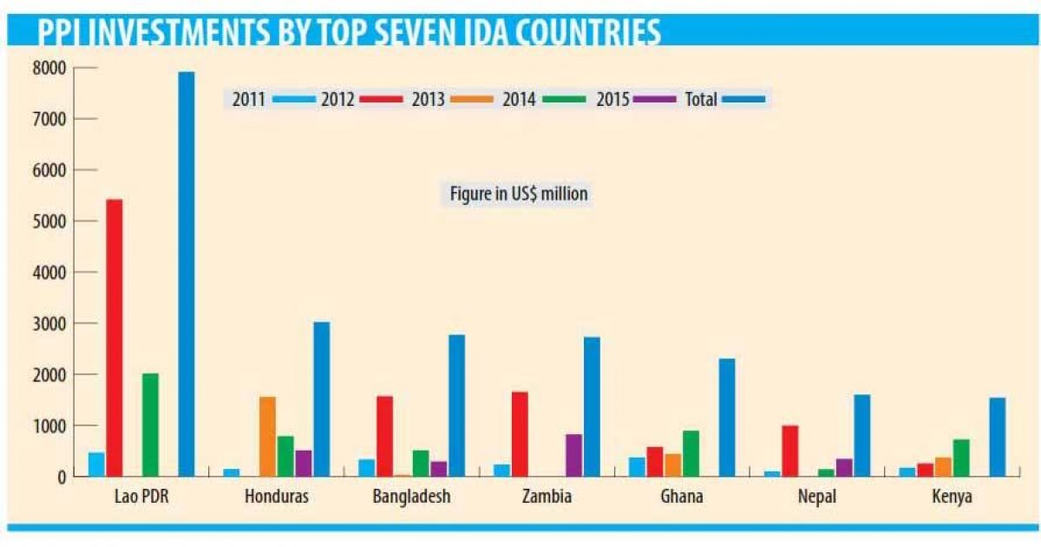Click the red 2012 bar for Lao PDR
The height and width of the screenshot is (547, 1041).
[114, 338]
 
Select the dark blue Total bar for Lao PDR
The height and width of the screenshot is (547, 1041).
[186, 273]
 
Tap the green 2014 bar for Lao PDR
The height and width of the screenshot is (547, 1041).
[150, 425]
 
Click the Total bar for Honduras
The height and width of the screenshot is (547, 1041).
[321, 399]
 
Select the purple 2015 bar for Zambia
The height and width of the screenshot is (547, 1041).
[573, 455]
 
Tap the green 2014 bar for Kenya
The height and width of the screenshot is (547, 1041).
[961, 458]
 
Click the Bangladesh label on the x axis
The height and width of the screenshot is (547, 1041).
[411, 498]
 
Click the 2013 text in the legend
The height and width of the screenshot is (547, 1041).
[429, 99]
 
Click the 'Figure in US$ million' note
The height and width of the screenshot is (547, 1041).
[519, 194]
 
